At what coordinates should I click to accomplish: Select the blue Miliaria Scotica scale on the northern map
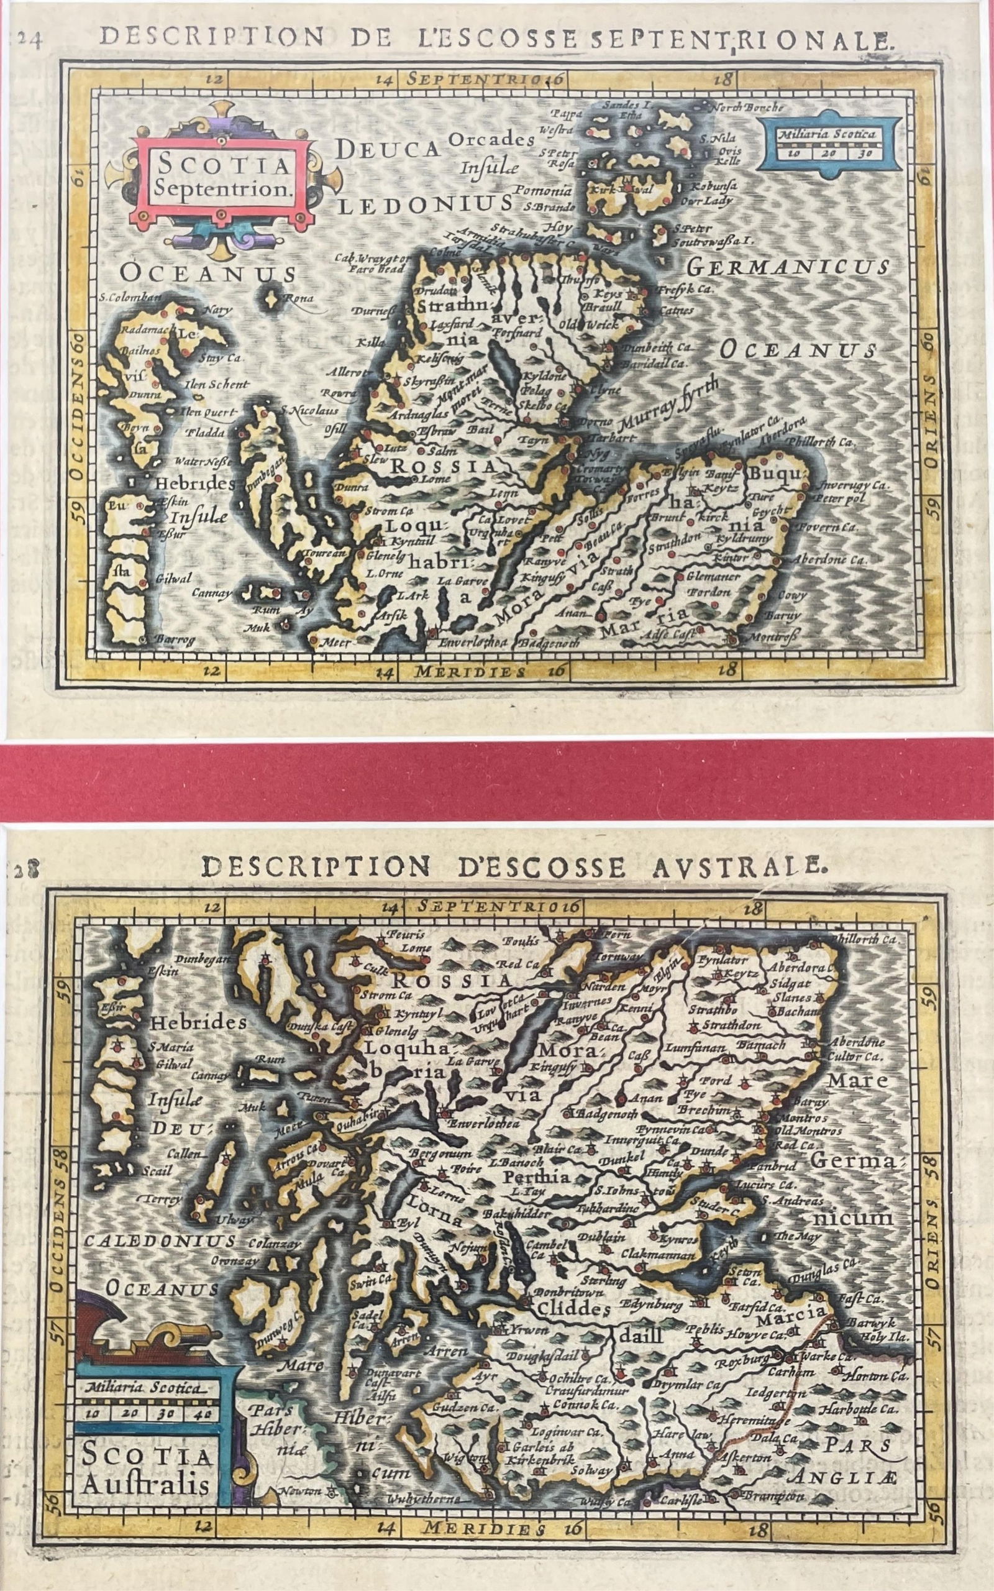(826, 145)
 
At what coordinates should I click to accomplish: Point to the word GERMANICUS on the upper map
(788, 267)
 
